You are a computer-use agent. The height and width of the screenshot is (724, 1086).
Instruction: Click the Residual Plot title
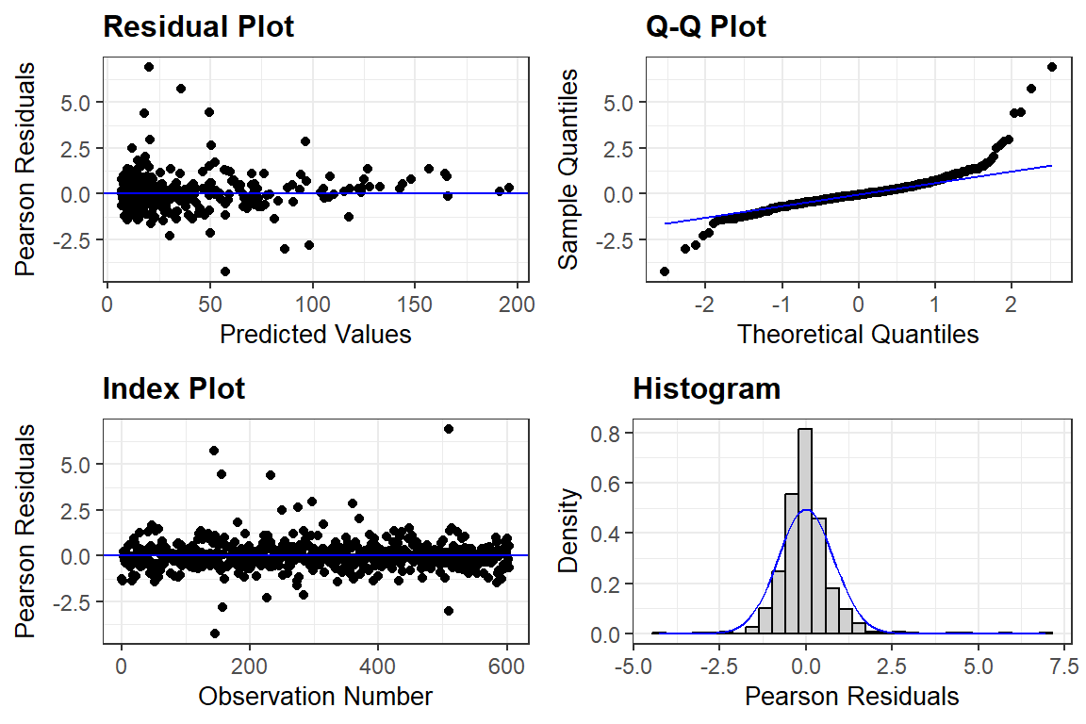(x=198, y=27)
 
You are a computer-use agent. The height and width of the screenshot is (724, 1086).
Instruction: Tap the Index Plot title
(x=173, y=388)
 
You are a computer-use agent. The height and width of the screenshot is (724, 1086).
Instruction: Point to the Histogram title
(x=706, y=388)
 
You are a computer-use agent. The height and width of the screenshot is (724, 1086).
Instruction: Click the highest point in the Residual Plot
(x=149, y=67)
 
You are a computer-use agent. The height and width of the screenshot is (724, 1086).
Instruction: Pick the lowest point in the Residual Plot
(x=225, y=271)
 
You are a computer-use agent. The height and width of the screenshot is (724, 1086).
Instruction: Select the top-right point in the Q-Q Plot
(x=1052, y=67)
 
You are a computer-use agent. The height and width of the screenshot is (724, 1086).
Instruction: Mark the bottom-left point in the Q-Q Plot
(x=665, y=271)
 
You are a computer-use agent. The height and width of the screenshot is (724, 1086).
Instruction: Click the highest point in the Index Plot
(x=449, y=429)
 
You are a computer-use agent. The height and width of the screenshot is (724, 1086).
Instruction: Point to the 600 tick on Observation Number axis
(x=505, y=666)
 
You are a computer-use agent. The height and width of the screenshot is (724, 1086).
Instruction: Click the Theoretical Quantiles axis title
(x=858, y=334)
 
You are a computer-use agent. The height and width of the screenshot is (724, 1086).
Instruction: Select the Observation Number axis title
(x=315, y=697)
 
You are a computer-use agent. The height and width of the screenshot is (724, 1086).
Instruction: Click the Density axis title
(x=568, y=532)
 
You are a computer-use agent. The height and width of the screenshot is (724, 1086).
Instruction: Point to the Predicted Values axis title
(x=315, y=334)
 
